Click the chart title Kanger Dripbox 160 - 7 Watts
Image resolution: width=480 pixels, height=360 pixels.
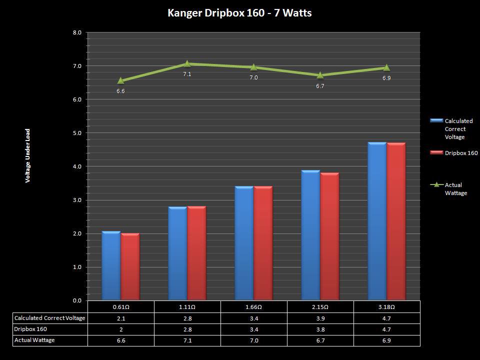(239, 13)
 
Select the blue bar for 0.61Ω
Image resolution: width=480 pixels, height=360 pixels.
(111, 265)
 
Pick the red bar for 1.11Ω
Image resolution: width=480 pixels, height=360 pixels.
(196, 253)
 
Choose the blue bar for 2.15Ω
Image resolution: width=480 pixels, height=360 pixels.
(310, 235)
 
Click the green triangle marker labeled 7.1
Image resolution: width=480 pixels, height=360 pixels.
(187, 63)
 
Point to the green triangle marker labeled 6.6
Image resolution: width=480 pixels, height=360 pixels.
(120, 80)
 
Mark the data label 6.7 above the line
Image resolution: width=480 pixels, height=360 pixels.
(320, 86)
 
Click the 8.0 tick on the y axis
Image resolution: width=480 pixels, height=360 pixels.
(77, 32)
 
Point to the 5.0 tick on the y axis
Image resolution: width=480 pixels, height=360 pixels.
(77, 133)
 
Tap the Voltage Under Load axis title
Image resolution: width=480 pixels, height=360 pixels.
(28, 155)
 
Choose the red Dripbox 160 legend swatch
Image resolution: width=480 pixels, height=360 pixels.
(436, 153)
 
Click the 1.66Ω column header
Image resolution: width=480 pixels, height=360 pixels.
(253, 306)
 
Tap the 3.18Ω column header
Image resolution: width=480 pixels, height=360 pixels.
(386, 306)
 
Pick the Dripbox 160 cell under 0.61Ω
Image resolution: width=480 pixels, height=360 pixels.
(120, 329)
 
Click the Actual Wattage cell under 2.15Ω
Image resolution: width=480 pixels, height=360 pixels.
(320, 340)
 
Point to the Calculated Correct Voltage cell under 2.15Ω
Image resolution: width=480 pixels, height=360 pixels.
(320, 318)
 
